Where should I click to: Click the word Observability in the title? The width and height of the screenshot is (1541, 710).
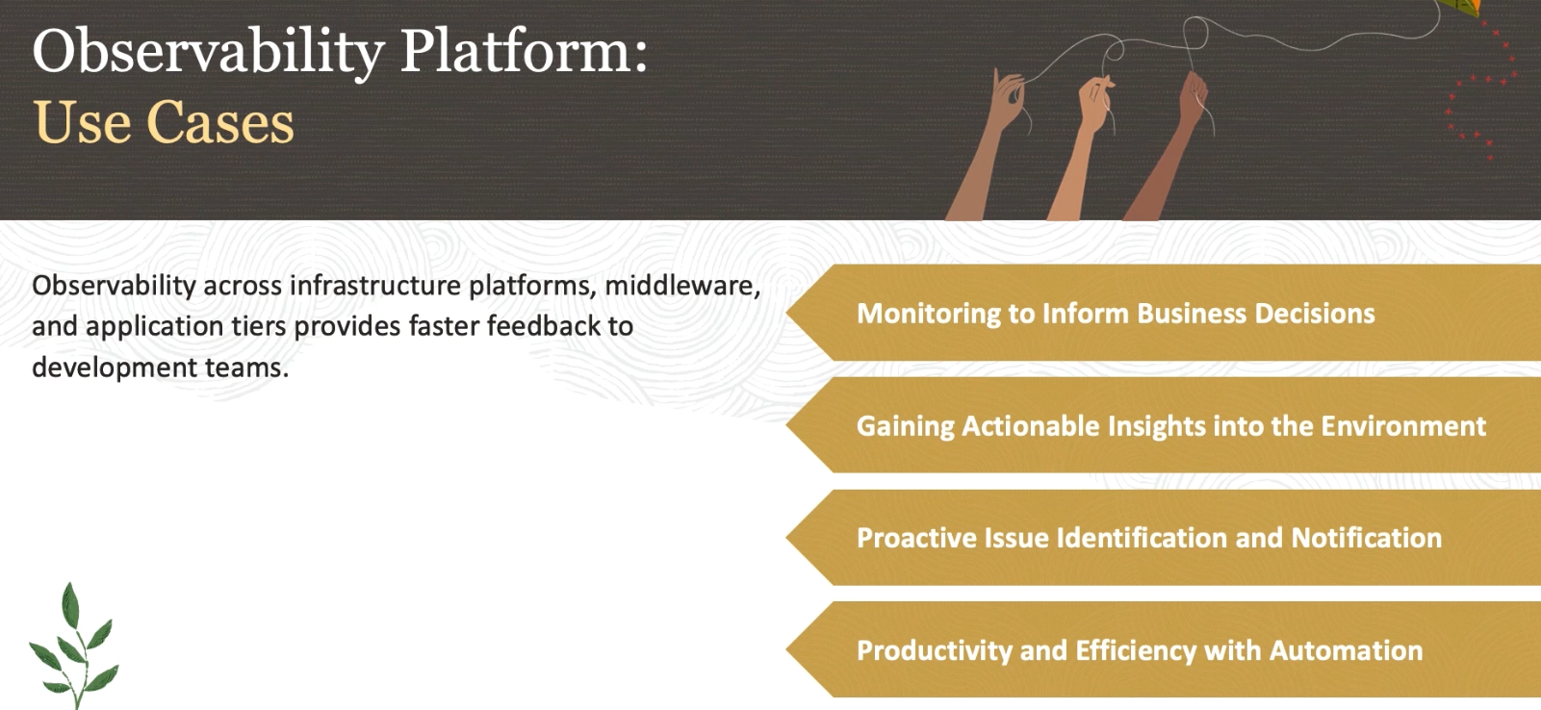[208, 53]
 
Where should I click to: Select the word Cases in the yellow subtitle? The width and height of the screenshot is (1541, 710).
[220, 122]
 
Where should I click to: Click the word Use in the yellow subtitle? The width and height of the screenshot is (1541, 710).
[81, 122]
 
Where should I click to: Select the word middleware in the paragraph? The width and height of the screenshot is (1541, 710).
[681, 285]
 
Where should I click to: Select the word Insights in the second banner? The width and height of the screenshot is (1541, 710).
[1156, 427]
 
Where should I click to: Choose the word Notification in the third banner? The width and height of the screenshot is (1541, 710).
[1366, 538]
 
